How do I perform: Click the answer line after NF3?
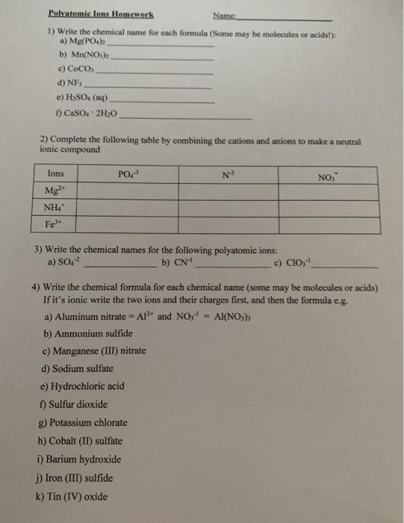149,87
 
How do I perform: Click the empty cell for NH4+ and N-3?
228,207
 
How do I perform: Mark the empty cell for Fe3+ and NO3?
328,223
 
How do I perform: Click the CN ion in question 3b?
182,262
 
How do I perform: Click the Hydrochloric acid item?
87,386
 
